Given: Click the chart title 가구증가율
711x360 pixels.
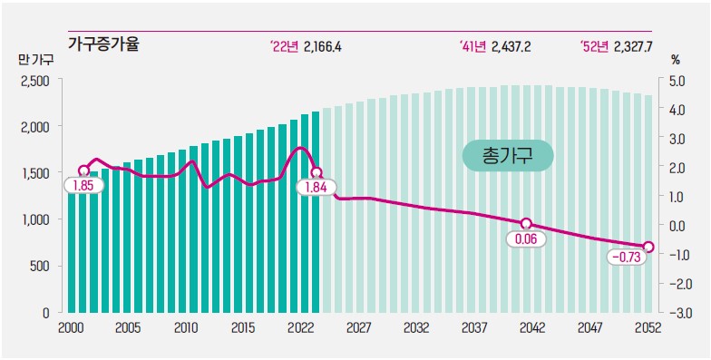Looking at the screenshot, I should coord(103,43).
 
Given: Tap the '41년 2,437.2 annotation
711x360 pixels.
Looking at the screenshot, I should coord(502,44).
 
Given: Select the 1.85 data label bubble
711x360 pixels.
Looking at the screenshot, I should coord(83,185).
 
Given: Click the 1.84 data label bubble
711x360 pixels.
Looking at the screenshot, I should coord(317,187).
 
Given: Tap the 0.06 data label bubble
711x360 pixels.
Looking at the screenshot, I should coord(526,239).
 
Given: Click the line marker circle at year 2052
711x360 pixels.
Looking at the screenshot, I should coord(648,246).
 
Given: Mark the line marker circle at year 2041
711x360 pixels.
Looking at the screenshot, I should coord(526,223).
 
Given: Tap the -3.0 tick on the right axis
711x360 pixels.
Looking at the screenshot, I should coord(677,312).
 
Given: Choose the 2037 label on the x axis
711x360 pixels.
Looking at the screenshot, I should coord(472,328).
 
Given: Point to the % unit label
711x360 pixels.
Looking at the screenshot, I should coord(675,60).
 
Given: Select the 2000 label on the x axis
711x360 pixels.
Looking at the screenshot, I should coord(71,328).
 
